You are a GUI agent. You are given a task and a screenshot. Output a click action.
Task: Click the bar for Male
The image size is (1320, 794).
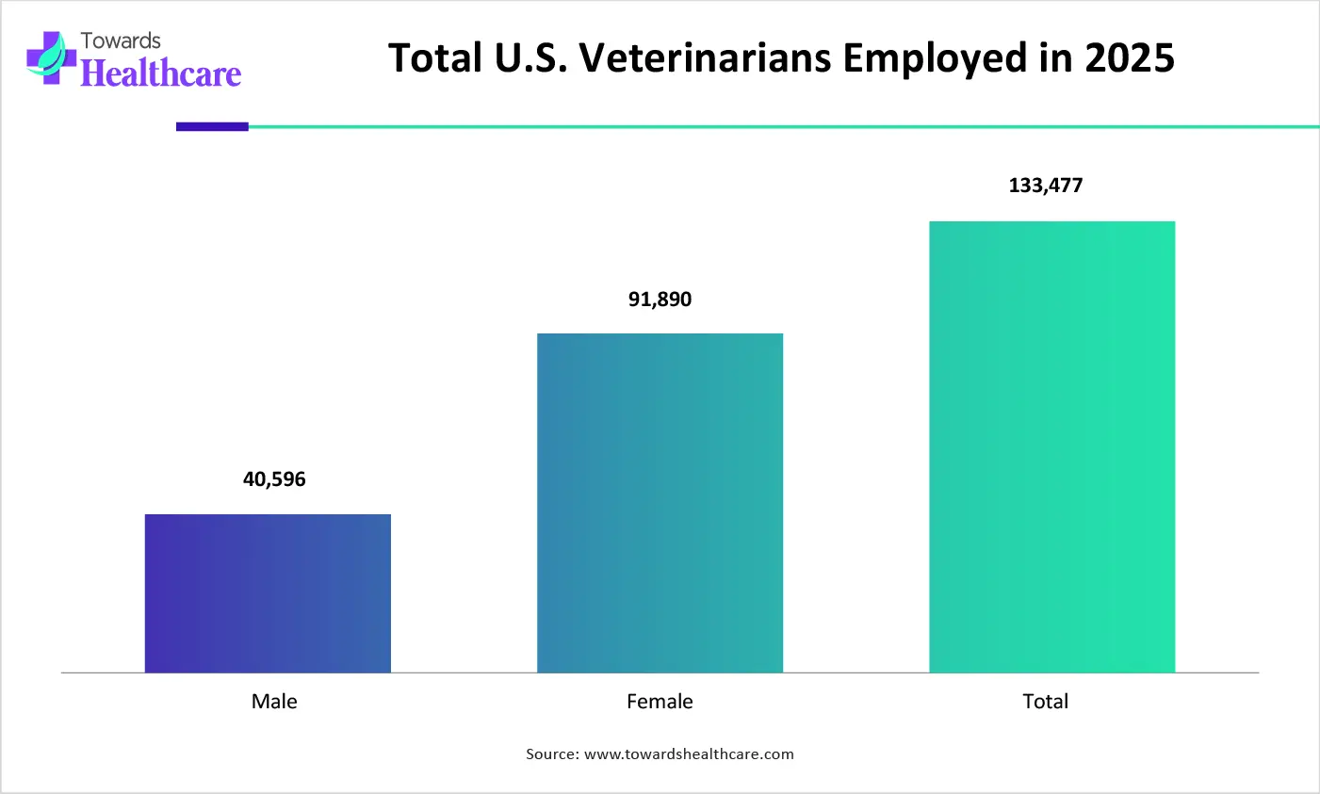(x=268, y=593)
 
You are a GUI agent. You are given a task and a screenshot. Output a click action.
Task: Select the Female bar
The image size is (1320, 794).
(x=660, y=503)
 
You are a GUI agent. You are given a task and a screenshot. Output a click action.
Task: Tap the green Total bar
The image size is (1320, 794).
(x=1051, y=446)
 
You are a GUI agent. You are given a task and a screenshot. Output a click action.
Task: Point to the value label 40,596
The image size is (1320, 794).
(x=274, y=479)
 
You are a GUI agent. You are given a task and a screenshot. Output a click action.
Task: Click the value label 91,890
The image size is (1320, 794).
(x=660, y=300)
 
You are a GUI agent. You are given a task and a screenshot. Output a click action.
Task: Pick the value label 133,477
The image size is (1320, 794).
(x=1046, y=186)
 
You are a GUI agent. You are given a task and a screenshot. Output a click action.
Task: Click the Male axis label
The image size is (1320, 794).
(x=274, y=702)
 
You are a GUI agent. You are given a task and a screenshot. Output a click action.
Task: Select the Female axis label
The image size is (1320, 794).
(x=660, y=702)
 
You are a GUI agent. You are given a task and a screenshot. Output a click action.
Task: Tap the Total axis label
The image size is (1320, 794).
(x=1046, y=702)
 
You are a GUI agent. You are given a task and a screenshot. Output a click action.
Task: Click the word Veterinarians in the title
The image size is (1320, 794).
(x=705, y=58)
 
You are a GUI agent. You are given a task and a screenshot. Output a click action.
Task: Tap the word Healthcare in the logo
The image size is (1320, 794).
(x=161, y=73)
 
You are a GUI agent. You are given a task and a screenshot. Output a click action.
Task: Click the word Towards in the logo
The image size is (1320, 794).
(x=121, y=41)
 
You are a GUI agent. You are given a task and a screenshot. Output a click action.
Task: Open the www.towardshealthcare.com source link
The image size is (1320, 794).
(x=689, y=754)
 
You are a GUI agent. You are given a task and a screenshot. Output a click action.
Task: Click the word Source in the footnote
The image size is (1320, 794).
(x=551, y=754)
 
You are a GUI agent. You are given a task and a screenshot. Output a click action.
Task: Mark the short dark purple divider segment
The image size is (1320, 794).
(x=212, y=126)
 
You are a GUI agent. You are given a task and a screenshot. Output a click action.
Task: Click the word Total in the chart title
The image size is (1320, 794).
(x=435, y=58)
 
